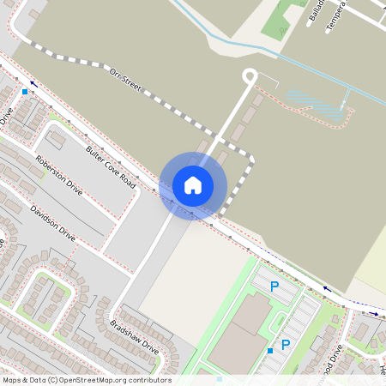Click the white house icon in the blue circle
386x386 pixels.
(x=193, y=184)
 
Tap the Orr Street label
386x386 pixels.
(x=126, y=82)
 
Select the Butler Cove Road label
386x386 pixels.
(x=111, y=167)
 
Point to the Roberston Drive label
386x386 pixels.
(x=59, y=175)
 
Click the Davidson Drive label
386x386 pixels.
(x=52, y=223)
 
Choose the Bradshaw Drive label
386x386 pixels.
(x=135, y=336)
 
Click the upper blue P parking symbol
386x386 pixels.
(x=274, y=287)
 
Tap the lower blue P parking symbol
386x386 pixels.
(x=286, y=345)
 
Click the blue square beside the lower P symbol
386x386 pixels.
(x=270, y=350)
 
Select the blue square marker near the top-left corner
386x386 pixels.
(x=25, y=90)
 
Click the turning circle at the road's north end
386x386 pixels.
(x=250, y=76)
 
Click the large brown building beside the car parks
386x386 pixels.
(x=238, y=335)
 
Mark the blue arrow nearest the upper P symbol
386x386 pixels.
(x=325, y=289)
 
